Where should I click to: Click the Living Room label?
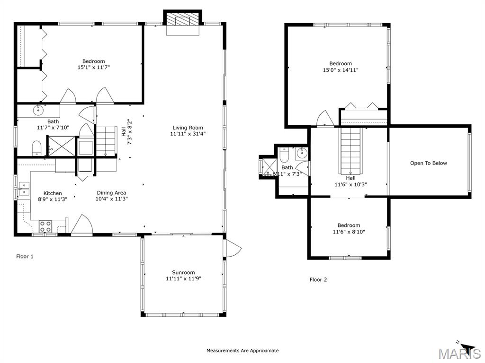pos(188,128)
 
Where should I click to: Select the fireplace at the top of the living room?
pos(183,22)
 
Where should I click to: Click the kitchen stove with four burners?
pos(45,226)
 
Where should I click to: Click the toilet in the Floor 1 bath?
pos(37,148)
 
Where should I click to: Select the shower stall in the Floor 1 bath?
pos(59,146)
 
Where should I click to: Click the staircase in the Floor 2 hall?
pos(350,151)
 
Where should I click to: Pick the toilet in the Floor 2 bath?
pos(284,155)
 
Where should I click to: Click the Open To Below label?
pos(428,164)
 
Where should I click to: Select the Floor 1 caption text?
pos(25,257)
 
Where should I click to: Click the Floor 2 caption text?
pos(318,280)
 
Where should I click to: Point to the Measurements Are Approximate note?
pos(242,351)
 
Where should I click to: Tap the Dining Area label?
pos(111,193)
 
